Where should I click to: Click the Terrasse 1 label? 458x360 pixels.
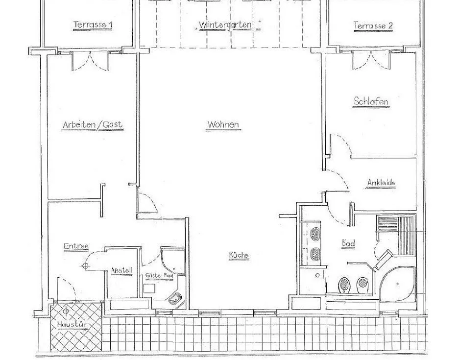coord(93,24)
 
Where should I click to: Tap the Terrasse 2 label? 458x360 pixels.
coord(373,25)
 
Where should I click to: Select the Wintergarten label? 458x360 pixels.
coord(225,25)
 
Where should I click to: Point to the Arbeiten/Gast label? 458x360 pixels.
coord(93,125)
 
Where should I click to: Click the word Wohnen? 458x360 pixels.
coord(223,124)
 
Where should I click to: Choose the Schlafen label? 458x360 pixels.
coord(371,101)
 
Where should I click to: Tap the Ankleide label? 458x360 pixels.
coord(381,183)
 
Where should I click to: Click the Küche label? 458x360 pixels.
coord(239,255)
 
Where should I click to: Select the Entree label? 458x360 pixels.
coord(76,246)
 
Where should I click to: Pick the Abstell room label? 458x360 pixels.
coord(122,271)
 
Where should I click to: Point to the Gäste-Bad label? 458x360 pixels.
coord(159,275)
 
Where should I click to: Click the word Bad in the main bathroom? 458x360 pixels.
coord(348,243)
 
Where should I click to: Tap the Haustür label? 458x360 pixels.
coord(71,324)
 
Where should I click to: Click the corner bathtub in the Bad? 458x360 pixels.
coord(397,283)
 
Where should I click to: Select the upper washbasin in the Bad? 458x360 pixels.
coord(315,234)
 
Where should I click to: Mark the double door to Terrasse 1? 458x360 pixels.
coord(91,61)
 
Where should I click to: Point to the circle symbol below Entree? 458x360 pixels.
coord(85,265)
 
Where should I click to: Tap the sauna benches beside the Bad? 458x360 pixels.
coord(396,237)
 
